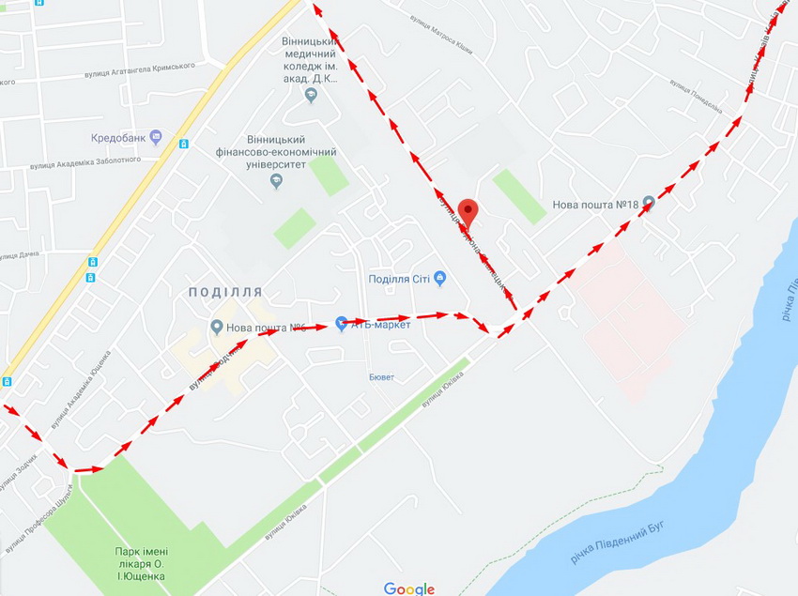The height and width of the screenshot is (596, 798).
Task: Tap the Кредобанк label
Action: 118,138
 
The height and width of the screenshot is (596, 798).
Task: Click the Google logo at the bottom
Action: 409,588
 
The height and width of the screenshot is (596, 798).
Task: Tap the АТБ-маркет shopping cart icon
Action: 341,324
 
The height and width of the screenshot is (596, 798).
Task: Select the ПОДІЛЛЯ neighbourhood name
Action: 225,292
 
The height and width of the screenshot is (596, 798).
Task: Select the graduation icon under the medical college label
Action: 311,95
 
